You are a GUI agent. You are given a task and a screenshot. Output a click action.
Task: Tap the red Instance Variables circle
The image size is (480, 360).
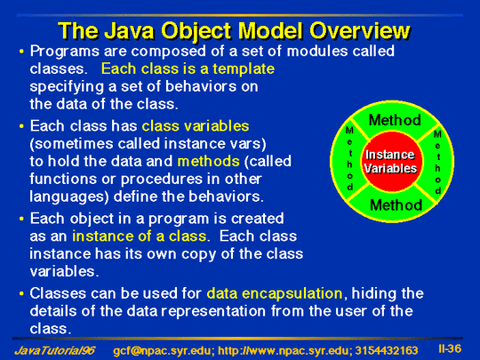391,162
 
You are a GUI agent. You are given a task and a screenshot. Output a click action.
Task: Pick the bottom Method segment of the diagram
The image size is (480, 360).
396,205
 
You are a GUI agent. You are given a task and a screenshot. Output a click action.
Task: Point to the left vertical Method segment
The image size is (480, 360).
350,158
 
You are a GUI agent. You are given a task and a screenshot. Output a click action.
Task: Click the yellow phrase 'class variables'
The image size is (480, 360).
196,126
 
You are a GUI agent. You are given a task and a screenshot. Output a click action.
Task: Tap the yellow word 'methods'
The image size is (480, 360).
209,161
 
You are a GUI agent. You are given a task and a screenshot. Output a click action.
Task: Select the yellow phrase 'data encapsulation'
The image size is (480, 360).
275,294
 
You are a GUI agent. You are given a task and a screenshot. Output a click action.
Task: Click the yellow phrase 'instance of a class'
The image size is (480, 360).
140,236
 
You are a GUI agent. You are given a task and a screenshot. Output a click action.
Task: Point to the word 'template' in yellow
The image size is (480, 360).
244,69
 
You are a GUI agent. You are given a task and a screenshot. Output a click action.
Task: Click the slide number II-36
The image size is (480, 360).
450,348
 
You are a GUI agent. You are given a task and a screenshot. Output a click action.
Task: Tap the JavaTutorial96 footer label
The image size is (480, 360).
55,350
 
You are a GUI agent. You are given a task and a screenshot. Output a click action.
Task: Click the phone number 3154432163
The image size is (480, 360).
387,350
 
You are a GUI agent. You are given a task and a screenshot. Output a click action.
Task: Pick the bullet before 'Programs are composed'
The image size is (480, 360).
21,52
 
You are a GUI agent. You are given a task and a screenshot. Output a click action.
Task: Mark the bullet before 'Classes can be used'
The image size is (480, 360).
21,294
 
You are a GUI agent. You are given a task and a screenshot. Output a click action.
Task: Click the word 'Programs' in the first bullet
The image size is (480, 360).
65,52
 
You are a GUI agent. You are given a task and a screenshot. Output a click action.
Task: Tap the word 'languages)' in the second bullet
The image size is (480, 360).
69,197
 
